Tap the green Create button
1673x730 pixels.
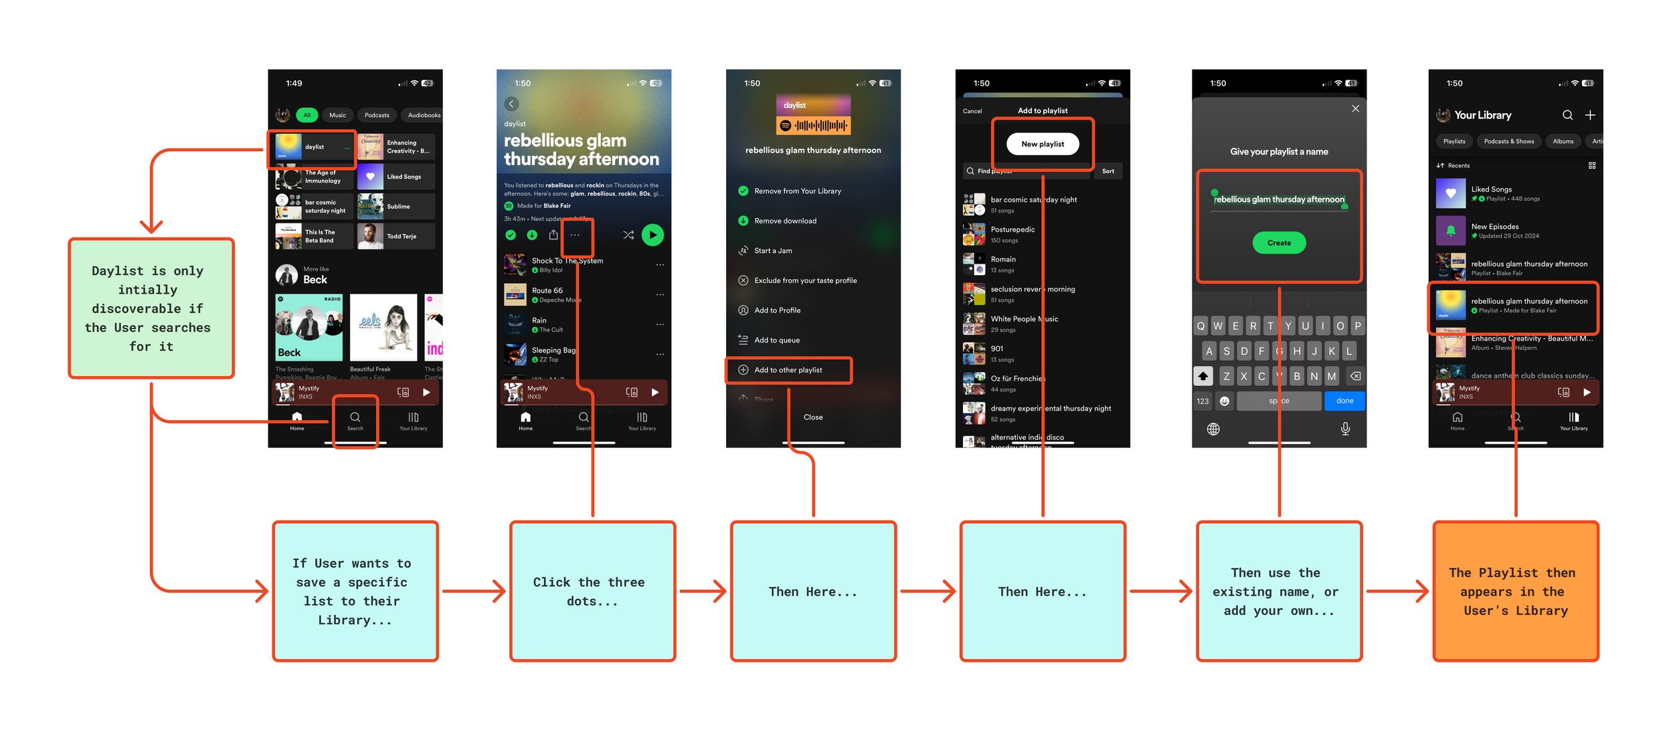pos(1278,243)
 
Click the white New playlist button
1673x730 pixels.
pos(1042,144)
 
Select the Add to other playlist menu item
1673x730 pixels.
pos(788,370)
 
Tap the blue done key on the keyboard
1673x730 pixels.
pos(1344,401)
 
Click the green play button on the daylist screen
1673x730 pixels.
pos(652,235)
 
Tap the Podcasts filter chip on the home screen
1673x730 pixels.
pos(377,115)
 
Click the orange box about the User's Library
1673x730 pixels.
pos(1515,591)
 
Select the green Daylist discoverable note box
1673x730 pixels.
pos(151,308)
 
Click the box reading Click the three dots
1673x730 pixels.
pos(592,591)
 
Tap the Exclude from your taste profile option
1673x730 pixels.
pos(805,280)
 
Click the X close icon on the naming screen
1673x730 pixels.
pos(1355,108)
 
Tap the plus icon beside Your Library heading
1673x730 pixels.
pos(1590,115)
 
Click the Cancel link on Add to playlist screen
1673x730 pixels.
pos(972,111)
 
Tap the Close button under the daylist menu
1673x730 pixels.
pos(813,417)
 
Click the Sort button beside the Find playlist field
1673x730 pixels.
pos(1108,171)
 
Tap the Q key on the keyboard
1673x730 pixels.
pos(1201,326)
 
